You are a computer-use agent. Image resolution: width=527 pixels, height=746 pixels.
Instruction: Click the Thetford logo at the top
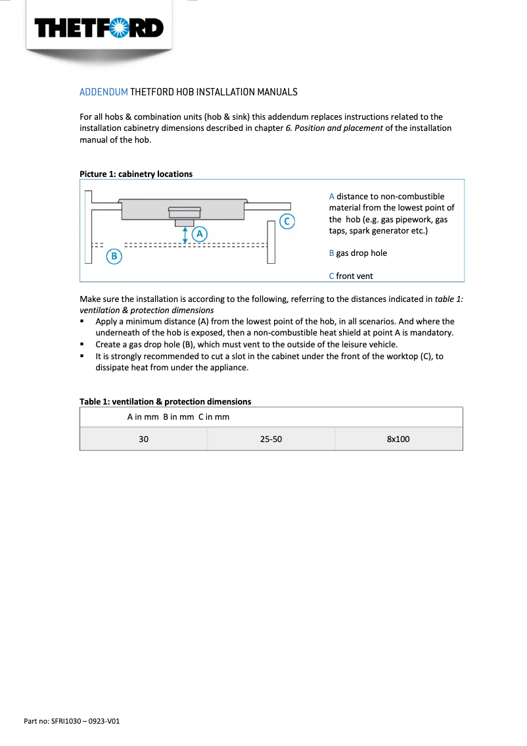(x=99, y=28)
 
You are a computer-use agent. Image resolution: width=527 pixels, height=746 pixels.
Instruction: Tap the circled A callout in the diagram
(x=199, y=233)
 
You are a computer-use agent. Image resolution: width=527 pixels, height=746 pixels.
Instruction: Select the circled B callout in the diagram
(x=114, y=256)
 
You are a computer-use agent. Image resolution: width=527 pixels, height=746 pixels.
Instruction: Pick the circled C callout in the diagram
(x=286, y=221)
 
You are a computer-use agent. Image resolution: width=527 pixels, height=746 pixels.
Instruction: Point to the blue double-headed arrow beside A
(x=185, y=235)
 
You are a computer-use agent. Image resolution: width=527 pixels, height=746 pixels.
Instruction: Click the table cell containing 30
(x=143, y=439)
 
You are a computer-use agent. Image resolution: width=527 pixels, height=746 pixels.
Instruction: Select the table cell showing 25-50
(x=271, y=439)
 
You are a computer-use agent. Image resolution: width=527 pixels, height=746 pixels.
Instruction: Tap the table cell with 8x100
(x=398, y=439)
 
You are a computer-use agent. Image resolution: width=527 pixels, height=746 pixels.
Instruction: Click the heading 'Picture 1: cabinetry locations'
(x=136, y=174)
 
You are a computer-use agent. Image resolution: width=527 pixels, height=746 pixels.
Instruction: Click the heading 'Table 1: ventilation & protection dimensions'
(x=165, y=401)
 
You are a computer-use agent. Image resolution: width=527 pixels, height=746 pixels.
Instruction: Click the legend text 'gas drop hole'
(x=361, y=253)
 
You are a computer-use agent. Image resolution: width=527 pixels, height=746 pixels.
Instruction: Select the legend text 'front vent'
(x=354, y=276)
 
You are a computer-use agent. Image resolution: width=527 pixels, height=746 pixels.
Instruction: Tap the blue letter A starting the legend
(x=332, y=197)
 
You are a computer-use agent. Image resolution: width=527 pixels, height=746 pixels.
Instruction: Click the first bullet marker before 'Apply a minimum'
(x=82, y=322)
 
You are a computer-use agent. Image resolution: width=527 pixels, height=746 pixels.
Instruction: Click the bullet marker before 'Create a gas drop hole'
(x=82, y=345)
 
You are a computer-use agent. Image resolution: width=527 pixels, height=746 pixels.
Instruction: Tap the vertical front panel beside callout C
(x=271, y=242)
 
